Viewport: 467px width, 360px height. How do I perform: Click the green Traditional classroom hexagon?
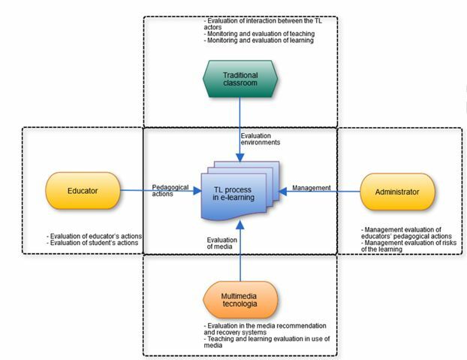tap(240, 78)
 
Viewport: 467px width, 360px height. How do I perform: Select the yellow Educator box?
tap(83, 190)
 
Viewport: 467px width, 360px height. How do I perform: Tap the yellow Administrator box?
tap(399, 191)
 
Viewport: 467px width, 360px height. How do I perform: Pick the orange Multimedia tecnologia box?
tap(240, 298)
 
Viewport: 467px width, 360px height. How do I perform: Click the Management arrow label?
tap(311, 187)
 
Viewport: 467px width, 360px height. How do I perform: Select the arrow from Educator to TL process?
tap(161, 190)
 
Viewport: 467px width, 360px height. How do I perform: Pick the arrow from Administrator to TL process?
tap(319, 191)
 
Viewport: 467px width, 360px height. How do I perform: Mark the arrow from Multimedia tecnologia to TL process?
tap(240, 256)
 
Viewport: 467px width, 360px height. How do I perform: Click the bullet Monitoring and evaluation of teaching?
tap(258, 35)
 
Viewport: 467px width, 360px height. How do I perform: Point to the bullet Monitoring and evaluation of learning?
tap(258, 41)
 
